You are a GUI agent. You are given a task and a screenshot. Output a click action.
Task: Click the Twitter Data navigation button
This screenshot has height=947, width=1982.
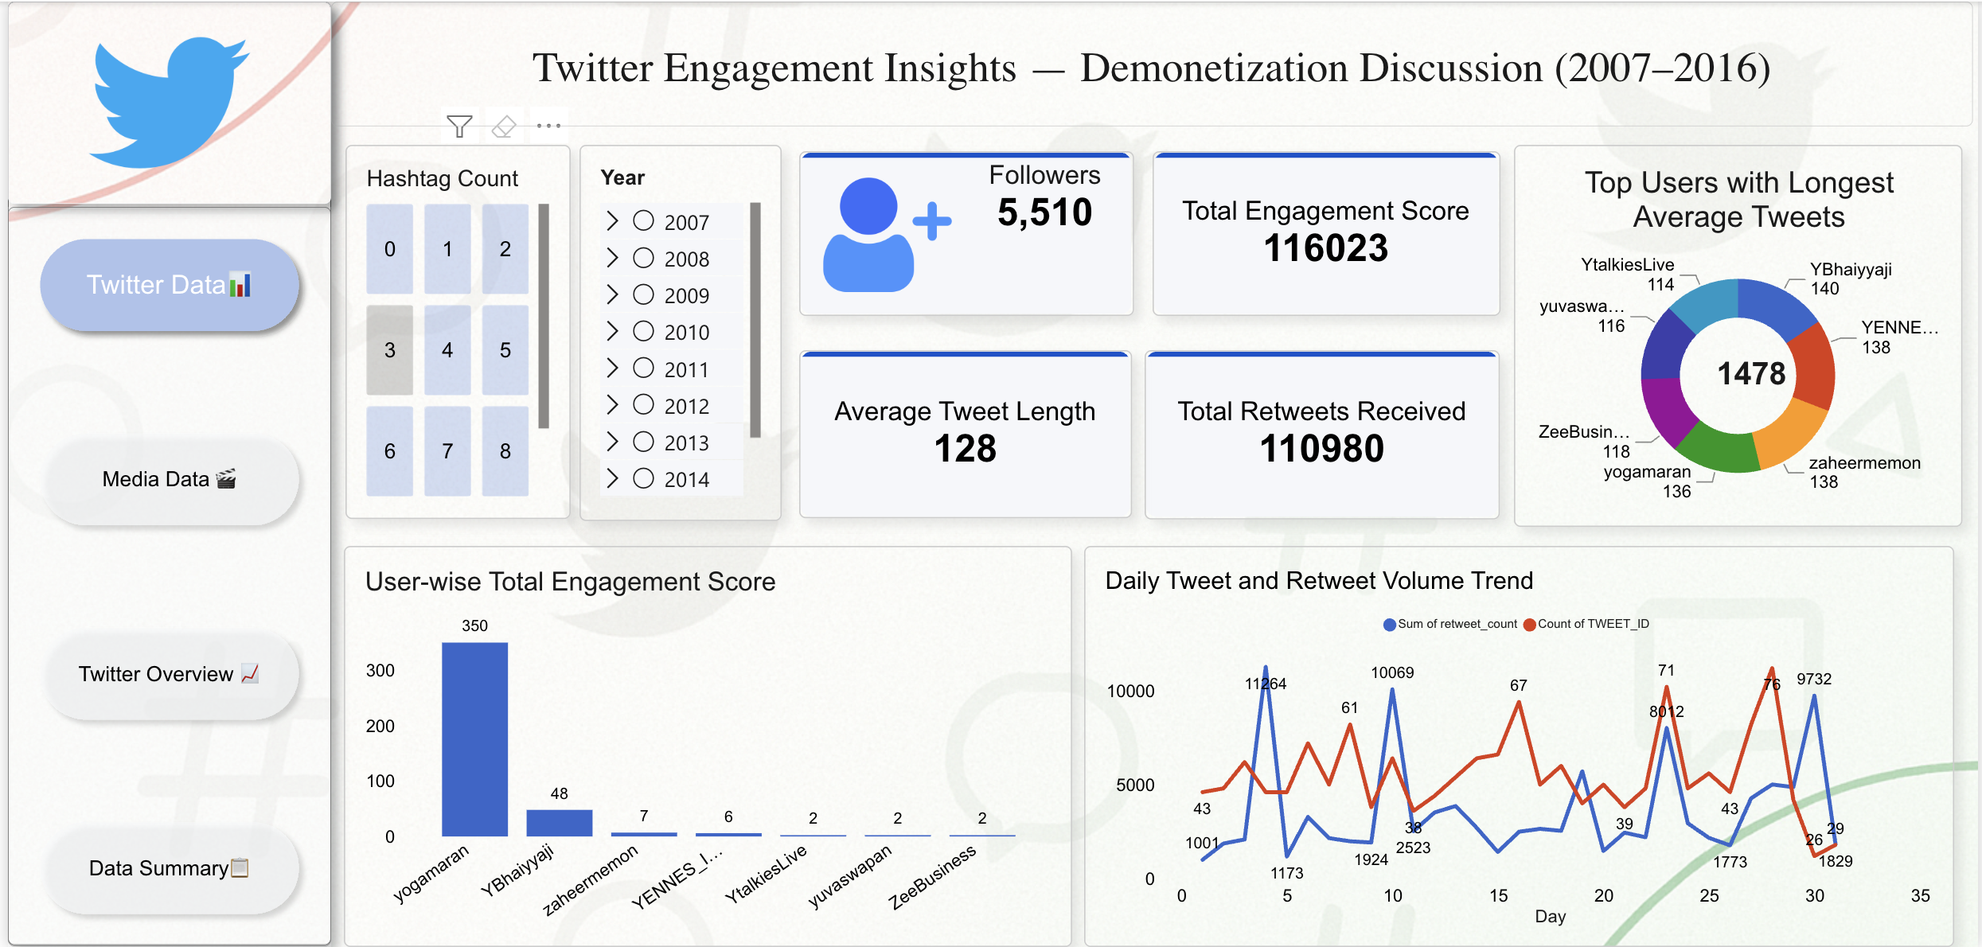tap(169, 285)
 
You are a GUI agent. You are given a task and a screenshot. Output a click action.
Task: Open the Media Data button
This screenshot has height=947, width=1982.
tap(169, 479)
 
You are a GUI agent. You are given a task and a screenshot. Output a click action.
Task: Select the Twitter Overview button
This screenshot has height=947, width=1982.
tap(169, 674)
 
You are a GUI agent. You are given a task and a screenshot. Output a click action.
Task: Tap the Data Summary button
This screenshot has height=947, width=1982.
tap(169, 868)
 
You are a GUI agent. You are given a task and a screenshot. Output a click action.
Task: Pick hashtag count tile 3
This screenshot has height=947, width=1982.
tap(390, 350)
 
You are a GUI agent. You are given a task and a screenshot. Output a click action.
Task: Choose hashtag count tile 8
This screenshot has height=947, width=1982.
tap(505, 451)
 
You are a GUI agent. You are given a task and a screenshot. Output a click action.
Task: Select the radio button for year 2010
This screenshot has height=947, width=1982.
tap(643, 331)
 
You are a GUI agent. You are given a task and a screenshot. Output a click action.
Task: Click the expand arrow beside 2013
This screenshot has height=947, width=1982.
tap(612, 442)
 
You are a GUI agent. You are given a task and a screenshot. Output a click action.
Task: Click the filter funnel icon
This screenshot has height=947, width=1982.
tap(460, 126)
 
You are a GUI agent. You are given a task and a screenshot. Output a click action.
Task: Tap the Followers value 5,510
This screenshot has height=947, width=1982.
tap(1044, 212)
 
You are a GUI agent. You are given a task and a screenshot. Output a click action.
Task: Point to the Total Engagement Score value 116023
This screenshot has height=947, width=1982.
tap(1325, 248)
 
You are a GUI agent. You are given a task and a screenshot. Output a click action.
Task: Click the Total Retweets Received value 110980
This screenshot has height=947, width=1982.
tap(1321, 449)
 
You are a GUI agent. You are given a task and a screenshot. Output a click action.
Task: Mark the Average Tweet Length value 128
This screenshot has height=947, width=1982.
tap(965, 449)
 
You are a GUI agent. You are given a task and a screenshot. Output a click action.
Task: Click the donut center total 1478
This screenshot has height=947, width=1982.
tap(1751, 374)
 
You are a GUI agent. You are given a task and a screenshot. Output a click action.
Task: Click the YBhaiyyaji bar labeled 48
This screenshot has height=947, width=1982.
tap(559, 823)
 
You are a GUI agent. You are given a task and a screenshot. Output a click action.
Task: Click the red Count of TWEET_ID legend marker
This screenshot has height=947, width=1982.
tap(1529, 625)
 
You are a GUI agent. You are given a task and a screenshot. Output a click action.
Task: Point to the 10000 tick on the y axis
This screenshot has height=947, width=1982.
tap(1130, 691)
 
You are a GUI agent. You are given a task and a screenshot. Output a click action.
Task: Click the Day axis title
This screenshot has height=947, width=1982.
tap(1550, 916)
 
